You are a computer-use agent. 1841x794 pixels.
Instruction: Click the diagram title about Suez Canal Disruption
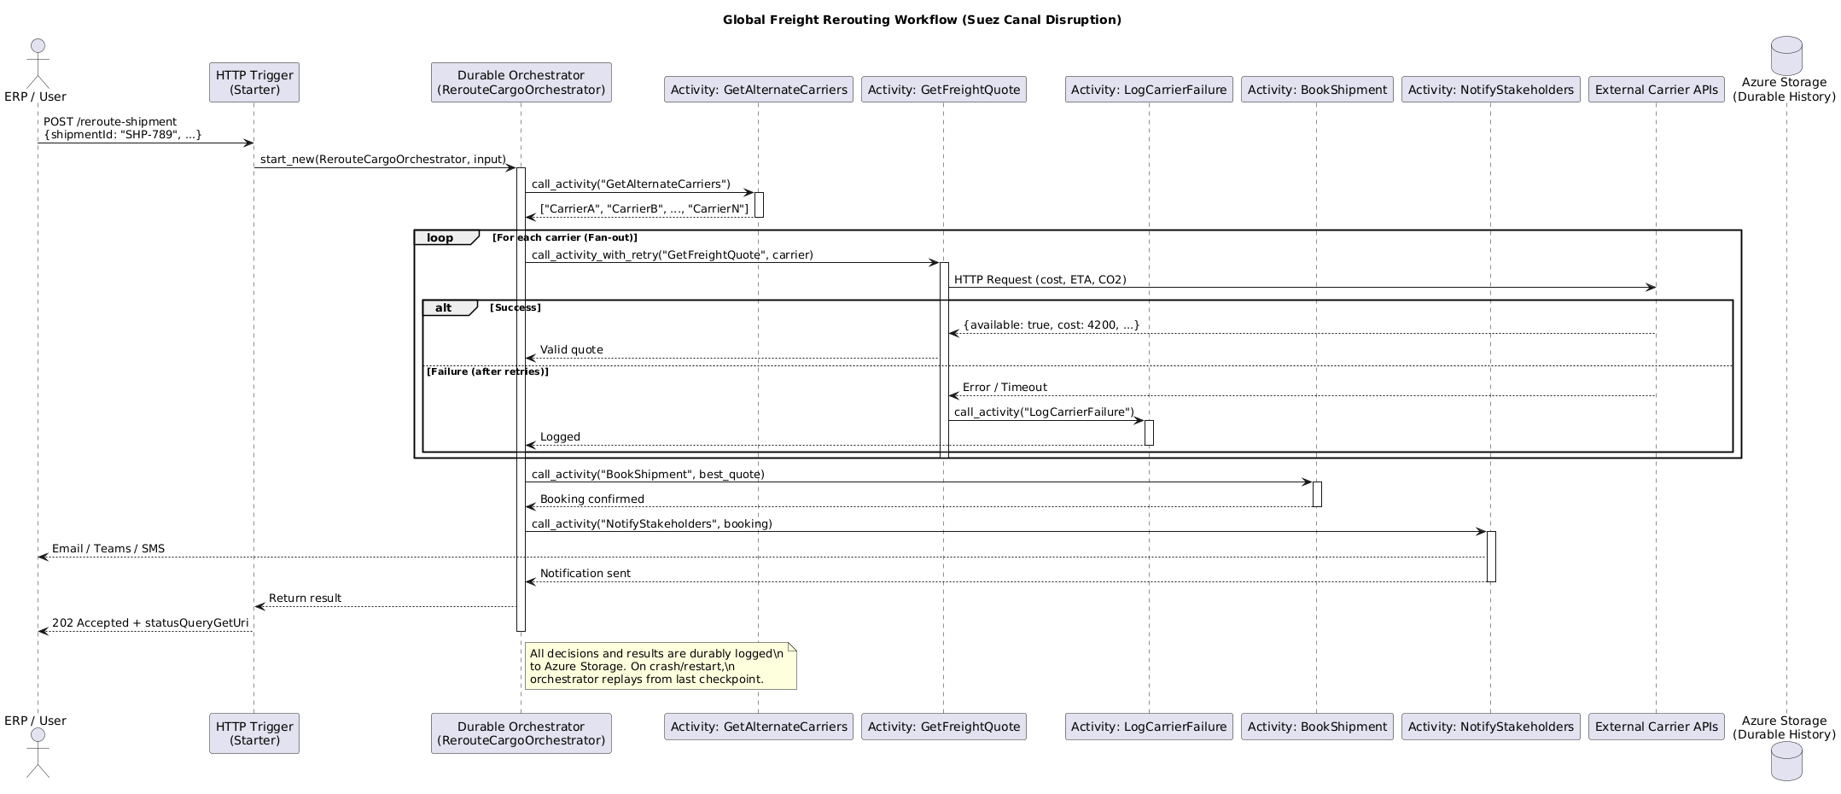[x=922, y=20]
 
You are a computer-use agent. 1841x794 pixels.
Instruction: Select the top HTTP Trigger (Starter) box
[x=254, y=82]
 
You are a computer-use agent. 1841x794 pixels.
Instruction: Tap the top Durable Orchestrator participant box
[x=521, y=82]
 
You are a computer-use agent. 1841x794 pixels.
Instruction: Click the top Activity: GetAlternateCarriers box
[x=759, y=89]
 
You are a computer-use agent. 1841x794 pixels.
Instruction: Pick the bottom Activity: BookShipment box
[x=1317, y=727]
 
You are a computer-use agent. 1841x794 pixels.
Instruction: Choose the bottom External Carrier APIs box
[x=1656, y=727]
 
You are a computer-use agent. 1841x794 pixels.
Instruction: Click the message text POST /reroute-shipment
[x=110, y=121]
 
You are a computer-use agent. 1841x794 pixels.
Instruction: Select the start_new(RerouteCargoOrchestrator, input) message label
[x=382, y=160]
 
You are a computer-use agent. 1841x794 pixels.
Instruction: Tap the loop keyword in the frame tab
[x=440, y=237]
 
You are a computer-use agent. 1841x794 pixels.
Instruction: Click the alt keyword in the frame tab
[x=444, y=307]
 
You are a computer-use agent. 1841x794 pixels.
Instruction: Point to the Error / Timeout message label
[x=1005, y=387]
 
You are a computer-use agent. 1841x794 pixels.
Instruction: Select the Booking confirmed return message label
[x=591, y=499]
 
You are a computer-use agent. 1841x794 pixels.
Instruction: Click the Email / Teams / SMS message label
[x=108, y=548]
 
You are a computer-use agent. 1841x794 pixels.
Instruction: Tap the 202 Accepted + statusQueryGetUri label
[x=150, y=622]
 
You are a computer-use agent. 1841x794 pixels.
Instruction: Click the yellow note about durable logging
[x=660, y=666]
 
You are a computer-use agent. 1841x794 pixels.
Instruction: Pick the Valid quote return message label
[x=571, y=349]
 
